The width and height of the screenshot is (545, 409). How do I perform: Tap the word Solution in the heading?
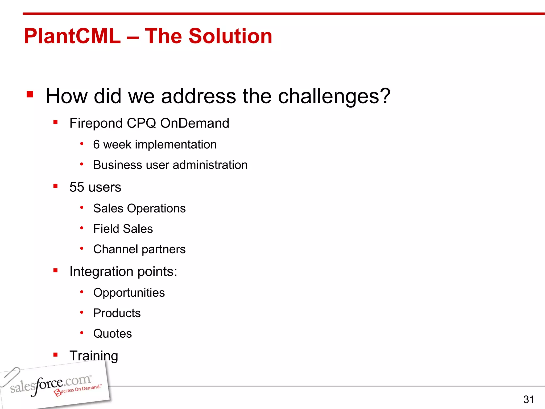[x=230, y=36]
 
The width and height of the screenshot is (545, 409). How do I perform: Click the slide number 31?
[x=529, y=399]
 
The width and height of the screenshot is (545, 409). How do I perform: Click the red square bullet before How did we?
[x=30, y=94]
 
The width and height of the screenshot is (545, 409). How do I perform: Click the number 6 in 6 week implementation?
[x=96, y=145]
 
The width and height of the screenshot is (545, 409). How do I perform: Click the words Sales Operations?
[x=139, y=208]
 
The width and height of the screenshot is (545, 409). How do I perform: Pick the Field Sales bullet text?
[x=123, y=229]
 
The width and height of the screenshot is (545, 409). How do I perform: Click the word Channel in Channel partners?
[x=115, y=250]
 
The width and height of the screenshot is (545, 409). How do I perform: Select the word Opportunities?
[x=129, y=293]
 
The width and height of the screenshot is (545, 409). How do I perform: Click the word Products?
[x=117, y=313]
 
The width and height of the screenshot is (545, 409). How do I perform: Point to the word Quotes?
[x=113, y=334]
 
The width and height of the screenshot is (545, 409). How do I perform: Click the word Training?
[x=94, y=356]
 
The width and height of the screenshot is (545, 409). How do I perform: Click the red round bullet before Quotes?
[x=82, y=333]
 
